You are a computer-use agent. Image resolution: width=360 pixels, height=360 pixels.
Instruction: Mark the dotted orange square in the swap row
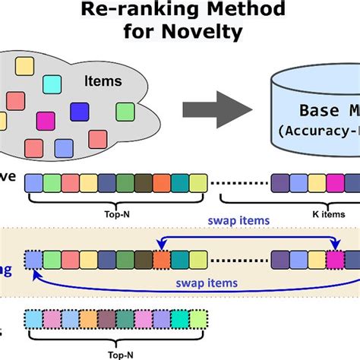pos(161,259)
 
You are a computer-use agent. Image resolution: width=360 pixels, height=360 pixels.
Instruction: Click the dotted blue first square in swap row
pos(33,259)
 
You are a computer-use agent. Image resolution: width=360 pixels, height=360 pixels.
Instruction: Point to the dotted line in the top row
pos(238,182)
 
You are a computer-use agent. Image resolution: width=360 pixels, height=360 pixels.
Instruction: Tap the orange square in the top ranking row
pos(162,182)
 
